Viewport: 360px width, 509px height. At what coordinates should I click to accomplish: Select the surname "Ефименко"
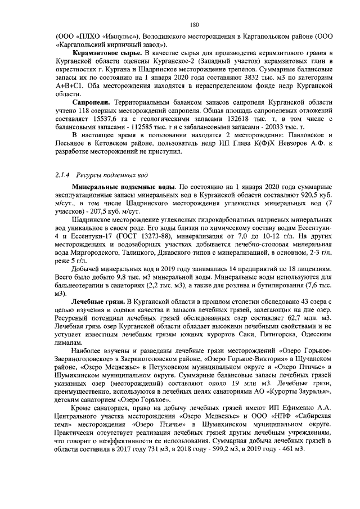tap(287, 407)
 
